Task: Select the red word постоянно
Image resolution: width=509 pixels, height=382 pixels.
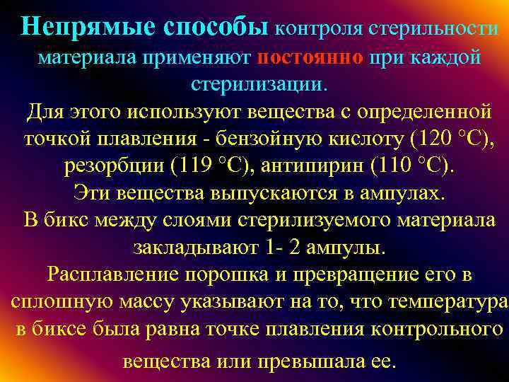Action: (x=310, y=57)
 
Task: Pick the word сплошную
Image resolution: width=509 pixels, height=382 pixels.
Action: (x=63, y=301)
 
